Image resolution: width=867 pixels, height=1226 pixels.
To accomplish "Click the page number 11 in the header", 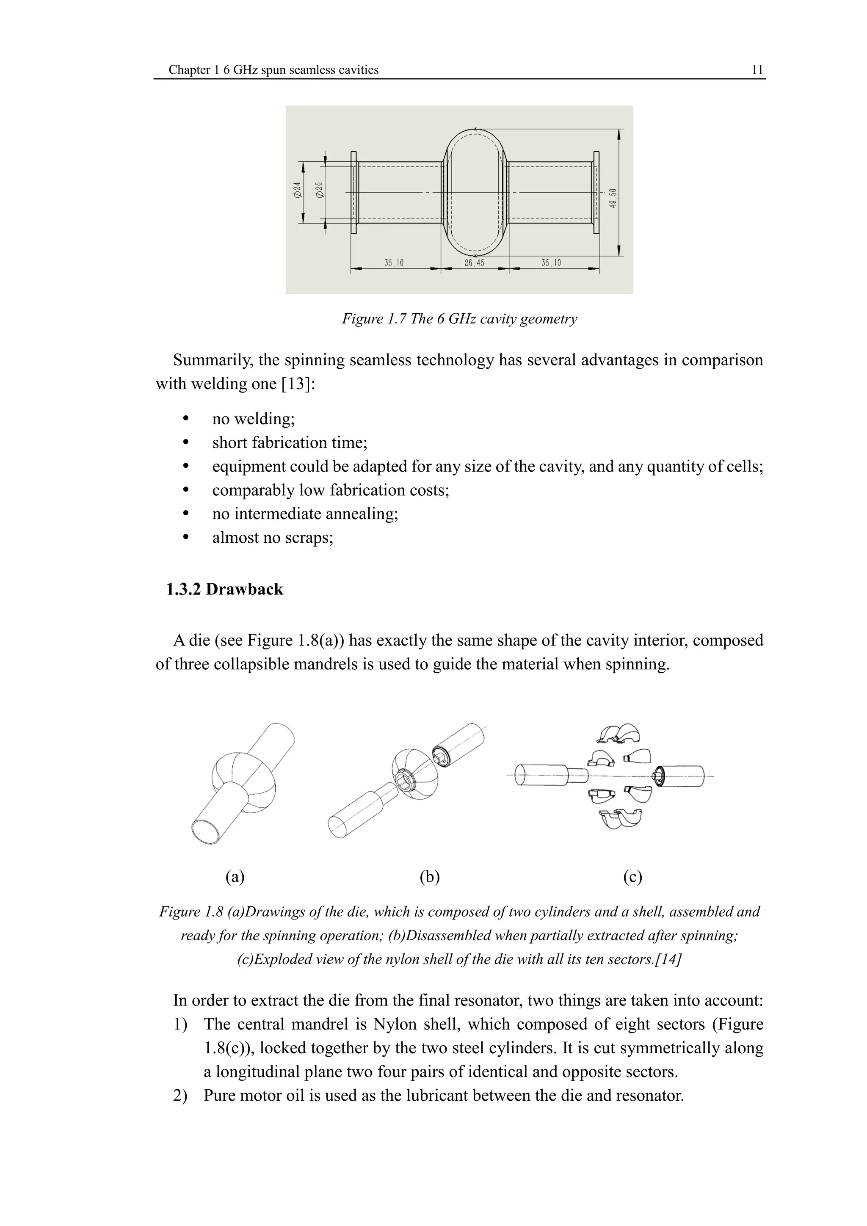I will pos(757,70).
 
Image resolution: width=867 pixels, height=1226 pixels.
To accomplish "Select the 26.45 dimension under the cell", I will pos(474,263).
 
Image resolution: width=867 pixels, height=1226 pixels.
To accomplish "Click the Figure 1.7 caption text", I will pos(459,319).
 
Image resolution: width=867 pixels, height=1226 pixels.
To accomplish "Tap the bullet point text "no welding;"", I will pos(253,419).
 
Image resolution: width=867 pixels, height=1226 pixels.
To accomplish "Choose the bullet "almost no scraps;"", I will pos(272,537).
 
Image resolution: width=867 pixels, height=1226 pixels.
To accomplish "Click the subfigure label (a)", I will pos(235,877).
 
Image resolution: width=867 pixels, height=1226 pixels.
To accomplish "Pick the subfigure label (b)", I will pos(429,877).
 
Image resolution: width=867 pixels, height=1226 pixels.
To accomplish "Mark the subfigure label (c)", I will pos(632,877).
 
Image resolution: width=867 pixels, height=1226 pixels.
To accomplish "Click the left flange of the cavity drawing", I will pos(353,192).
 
